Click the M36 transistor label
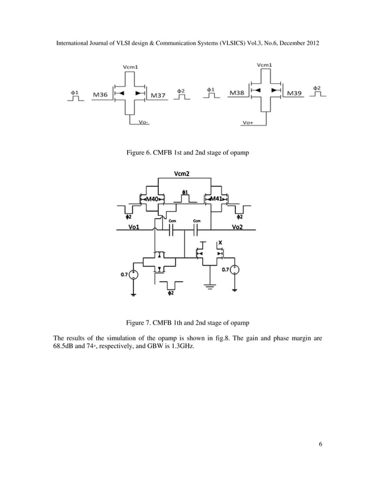click(x=100, y=94)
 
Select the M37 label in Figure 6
click(x=158, y=94)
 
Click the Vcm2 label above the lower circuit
click(x=182, y=174)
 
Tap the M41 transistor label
click(x=216, y=199)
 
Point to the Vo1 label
click(x=134, y=227)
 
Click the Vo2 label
click(x=237, y=227)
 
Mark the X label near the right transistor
click(x=220, y=243)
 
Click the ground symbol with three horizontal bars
click(x=210, y=287)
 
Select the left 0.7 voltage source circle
click(x=134, y=275)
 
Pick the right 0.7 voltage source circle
click(x=235, y=270)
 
